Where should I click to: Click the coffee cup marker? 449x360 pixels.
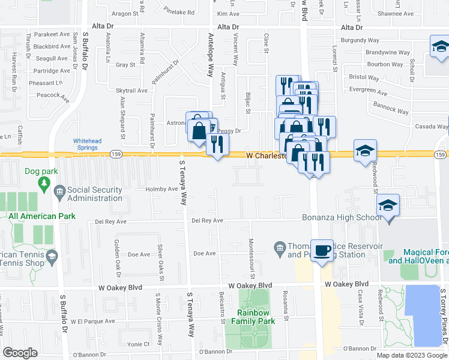(x=322, y=250)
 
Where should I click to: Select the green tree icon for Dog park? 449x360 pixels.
(x=43, y=183)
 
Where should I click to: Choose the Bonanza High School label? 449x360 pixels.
(x=340, y=217)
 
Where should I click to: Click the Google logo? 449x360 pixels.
(x=20, y=353)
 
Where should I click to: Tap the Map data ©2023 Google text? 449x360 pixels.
(x=412, y=355)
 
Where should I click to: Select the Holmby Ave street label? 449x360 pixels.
(x=162, y=189)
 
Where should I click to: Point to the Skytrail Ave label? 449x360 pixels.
(x=133, y=91)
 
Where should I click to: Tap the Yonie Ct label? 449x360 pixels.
(x=138, y=344)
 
